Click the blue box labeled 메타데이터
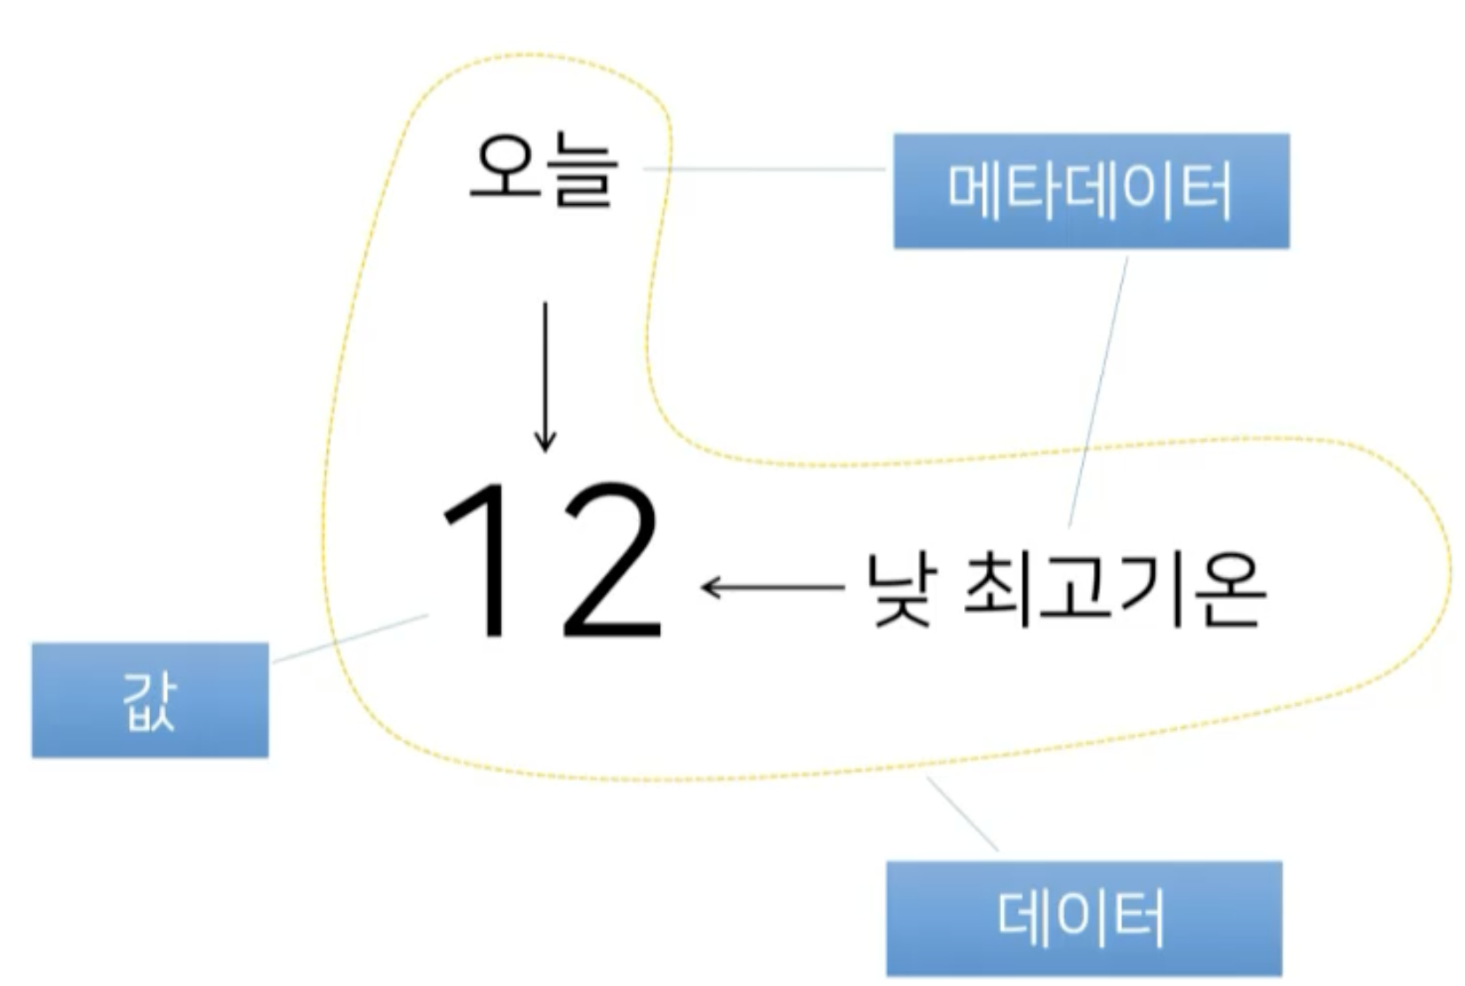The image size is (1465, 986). pyautogui.click(x=1091, y=191)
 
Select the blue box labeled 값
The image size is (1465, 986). pyautogui.click(x=150, y=700)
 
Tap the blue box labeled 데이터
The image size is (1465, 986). pyautogui.click(x=1084, y=918)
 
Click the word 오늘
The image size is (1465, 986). pyautogui.click(x=543, y=171)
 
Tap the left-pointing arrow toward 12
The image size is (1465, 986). pyautogui.click(x=772, y=586)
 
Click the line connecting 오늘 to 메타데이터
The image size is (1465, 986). pyautogui.click(x=764, y=168)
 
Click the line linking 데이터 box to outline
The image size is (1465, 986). pyautogui.click(x=962, y=814)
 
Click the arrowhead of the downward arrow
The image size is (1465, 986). pyautogui.click(x=545, y=441)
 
